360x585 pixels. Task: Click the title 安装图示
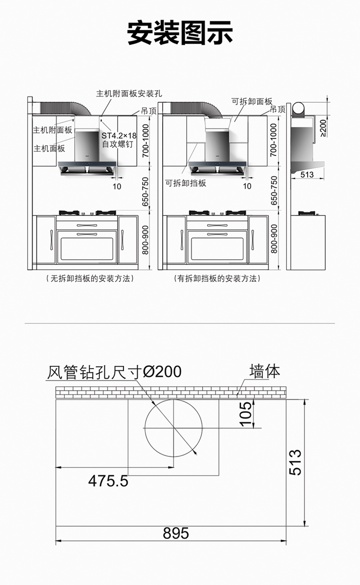click(x=180, y=33)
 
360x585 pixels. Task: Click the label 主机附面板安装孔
click(x=129, y=93)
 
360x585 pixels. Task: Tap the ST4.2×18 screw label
click(x=119, y=135)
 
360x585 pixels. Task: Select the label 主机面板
click(x=49, y=149)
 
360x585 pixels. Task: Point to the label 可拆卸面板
click(x=252, y=101)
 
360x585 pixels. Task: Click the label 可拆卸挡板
click(x=186, y=183)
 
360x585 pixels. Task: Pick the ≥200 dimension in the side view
click(x=324, y=128)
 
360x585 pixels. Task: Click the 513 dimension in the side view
click(x=307, y=175)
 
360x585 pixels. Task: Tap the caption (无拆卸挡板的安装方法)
click(x=90, y=278)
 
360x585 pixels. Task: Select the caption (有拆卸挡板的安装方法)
click(x=217, y=278)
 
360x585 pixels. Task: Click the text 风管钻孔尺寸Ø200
click(x=114, y=372)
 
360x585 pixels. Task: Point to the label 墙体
click(x=264, y=371)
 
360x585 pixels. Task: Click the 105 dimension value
click(x=246, y=414)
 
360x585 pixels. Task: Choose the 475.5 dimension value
click(x=108, y=481)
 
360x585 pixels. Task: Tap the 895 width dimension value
click(x=176, y=533)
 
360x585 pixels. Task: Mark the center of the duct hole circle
click(x=173, y=428)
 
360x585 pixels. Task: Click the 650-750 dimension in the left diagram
click(x=145, y=191)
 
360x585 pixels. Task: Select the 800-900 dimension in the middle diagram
click(x=274, y=239)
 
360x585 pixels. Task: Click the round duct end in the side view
click(x=299, y=108)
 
